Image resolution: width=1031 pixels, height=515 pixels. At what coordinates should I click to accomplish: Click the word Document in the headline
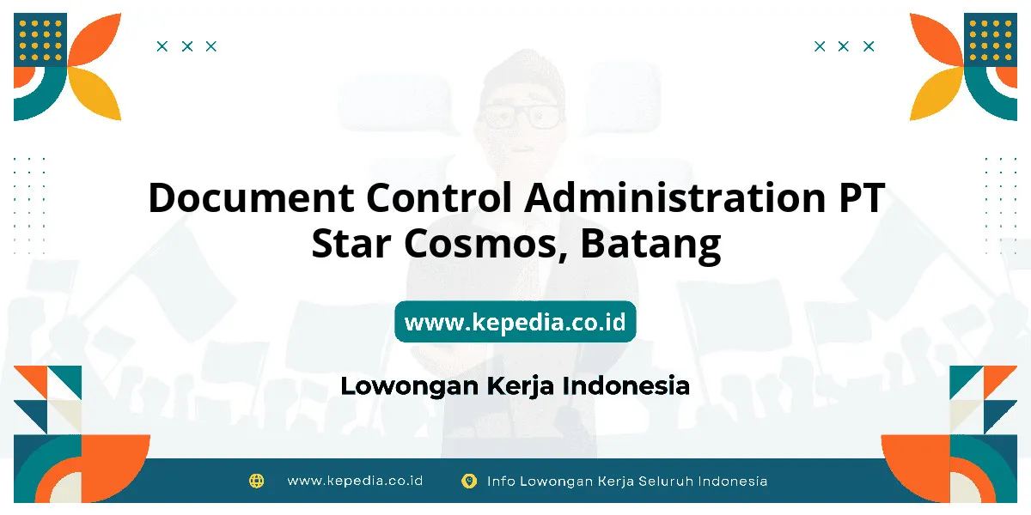point(251,197)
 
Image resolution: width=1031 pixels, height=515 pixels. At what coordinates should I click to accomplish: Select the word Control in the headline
point(439,197)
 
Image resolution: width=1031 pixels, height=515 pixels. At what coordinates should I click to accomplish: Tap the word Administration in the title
point(675,197)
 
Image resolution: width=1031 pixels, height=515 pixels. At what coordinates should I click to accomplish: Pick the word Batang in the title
point(650,246)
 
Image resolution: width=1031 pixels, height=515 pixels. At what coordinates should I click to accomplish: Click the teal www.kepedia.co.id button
point(515,321)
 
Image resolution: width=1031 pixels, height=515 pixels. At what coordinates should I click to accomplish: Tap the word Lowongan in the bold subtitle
point(410,386)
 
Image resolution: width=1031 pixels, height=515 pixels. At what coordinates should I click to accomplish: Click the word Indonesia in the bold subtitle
point(626,385)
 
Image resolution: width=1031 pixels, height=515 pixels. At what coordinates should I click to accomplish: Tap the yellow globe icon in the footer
point(256,481)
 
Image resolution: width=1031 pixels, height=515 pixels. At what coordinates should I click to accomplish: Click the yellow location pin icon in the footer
point(469,482)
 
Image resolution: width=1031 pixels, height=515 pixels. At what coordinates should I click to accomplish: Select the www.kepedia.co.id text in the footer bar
point(355,481)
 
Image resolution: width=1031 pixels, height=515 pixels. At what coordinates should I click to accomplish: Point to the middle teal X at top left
point(187,46)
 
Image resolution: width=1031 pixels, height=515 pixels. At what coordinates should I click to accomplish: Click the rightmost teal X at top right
point(869,46)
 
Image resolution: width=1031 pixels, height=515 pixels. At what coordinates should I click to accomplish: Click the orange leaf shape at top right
point(936,39)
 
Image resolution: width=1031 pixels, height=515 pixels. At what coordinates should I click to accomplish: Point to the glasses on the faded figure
point(521,117)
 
